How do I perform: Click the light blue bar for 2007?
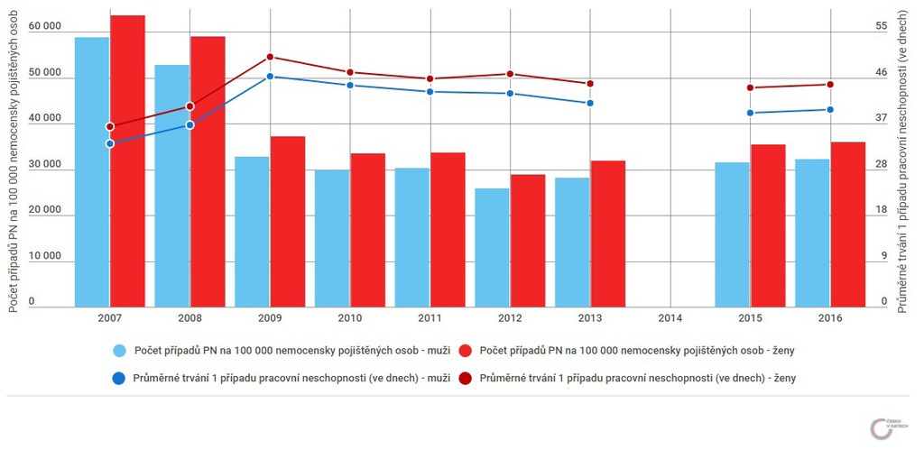(92, 171)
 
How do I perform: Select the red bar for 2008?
(208, 171)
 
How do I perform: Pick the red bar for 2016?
(847, 224)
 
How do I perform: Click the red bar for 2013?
(607, 234)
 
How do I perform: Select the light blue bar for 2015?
(732, 234)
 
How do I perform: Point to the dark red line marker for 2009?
(270, 57)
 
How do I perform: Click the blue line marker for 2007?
(110, 143)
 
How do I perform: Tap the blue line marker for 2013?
(590, 103)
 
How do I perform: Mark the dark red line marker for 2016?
(830, 85)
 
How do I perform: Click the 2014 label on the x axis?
(670, 318)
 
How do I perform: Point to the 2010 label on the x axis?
(350, 318)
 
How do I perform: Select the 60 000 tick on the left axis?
(44, 25)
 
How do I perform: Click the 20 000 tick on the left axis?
(44, 210)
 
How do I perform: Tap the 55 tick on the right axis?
(882, 25)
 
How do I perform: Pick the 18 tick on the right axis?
(882, 210)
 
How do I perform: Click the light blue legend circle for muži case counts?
(119, 349)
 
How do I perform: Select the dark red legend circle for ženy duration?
(466, 379)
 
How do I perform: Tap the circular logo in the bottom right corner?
(882, 428)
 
